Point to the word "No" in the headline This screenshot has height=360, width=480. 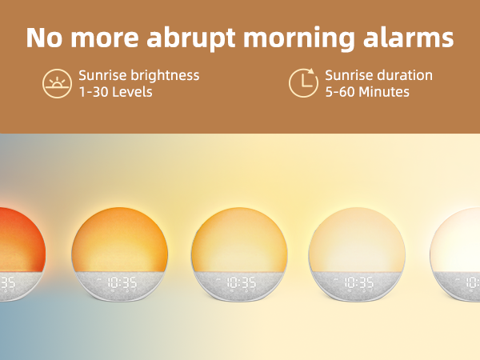pos(42,38)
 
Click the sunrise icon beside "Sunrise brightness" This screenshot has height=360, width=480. pos(57,83)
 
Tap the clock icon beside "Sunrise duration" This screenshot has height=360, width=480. pos(302,83)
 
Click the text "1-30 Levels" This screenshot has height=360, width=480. pos(115,92)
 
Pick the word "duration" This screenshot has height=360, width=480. pos(404,75)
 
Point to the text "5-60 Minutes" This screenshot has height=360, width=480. pos(367,92)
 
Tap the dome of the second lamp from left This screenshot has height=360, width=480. pos(120,236)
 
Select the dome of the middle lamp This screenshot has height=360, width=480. pos(240,236)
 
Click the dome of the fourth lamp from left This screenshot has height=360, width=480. pos(358,236)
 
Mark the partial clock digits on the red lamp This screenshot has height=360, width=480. pos(6,282)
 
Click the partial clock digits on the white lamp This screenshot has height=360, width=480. pos(472,282)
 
